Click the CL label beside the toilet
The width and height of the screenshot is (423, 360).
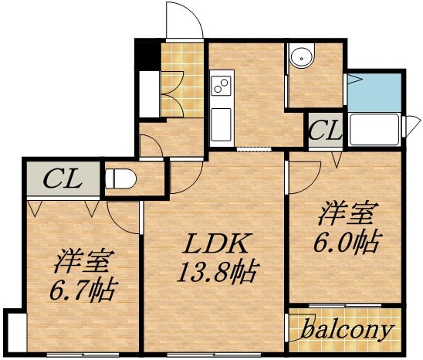click(x=62, y=179)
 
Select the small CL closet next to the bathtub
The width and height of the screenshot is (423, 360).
click(x=325, y=130)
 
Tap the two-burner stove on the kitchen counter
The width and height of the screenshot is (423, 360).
click(x=222, y=82)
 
